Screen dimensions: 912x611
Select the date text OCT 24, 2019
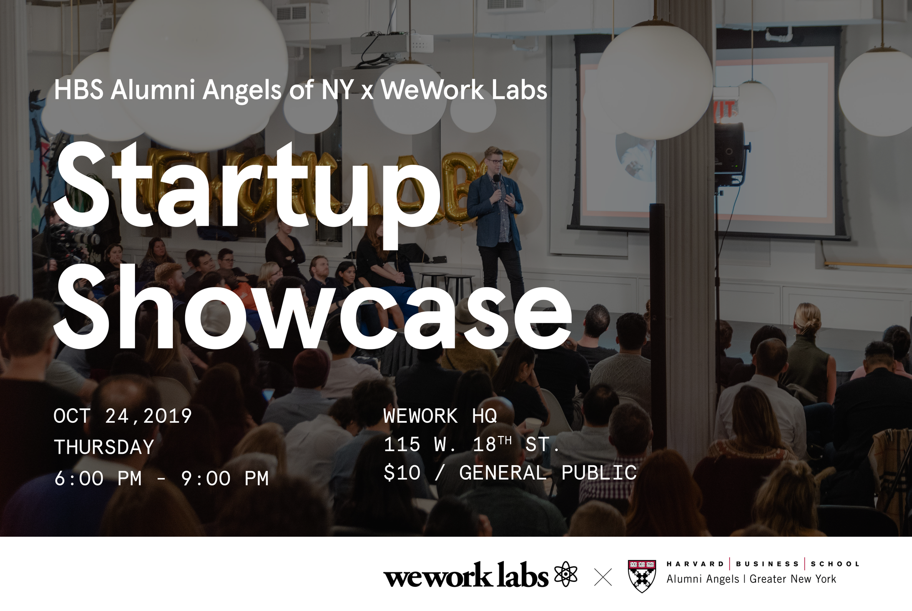(123, 416)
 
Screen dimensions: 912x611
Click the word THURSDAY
(104, 447)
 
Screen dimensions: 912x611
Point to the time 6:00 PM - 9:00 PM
(161, 478)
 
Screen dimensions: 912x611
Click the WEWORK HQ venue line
(440, 416)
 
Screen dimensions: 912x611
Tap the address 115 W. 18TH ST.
(472, 444)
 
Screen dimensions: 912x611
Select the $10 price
(402, 472)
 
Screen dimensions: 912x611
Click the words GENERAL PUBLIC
(548, 472)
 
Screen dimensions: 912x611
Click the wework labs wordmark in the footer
(466, 575)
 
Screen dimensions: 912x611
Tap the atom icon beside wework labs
(566, 575)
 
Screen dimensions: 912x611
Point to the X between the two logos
(603, 577)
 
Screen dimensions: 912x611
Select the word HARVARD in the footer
(695, 564)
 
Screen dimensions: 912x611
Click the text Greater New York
(793, 579)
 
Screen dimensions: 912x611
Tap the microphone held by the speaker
(497, 182)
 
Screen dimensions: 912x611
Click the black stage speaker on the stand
(730, 154)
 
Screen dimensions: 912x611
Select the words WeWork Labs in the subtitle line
(464, 90)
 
